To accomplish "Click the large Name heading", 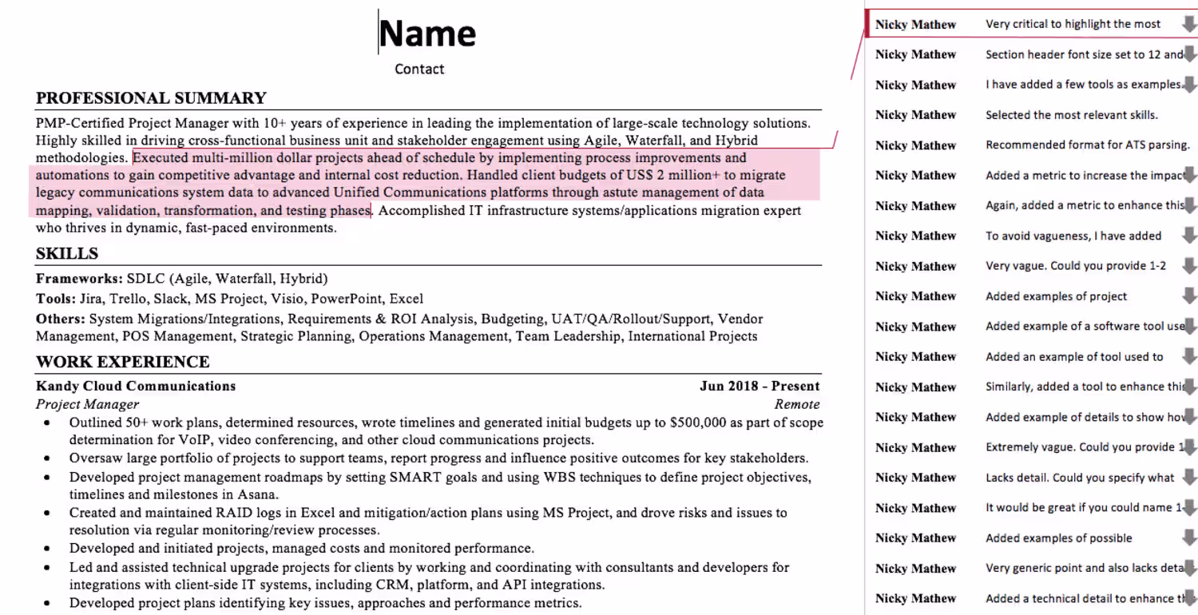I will (x=427, y=34).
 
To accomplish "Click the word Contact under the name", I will (x=419, y=69).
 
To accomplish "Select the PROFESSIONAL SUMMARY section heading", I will (x=151, y=98).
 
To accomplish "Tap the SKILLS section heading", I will (x=67, y=254).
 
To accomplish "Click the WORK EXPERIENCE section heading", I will (x=122, y=362).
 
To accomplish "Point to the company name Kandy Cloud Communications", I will (x=136, y=387).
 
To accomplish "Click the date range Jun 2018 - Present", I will (x=760, y=387).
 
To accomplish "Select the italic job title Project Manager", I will (x=87, y=404).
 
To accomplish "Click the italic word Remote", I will (x=796, y=404).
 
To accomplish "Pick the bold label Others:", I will (x=60, y=319).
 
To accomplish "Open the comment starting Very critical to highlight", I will (x=1073, y=24).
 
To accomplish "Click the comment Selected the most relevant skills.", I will (x=1071, y=115).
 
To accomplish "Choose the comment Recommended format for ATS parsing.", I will (x=1087, y=145).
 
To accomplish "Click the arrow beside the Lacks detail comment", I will (x=1189, y=478).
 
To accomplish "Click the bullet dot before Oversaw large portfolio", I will (x=48, y=458).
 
